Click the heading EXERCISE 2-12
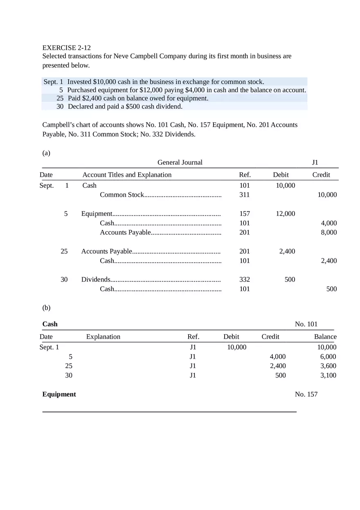tap(67, 48)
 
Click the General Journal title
tap(180, 162)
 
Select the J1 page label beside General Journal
tap(315, 162)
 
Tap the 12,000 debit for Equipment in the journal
tap(285, 213)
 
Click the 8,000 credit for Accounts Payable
tap(328, 232)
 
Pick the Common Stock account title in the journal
tap(122, 195)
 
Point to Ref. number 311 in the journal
tap(244, 195)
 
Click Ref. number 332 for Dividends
tap(244, 279)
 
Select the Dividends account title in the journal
tap(96, 279)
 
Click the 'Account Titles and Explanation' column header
tap(127, 175)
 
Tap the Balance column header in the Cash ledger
tap(325, 337)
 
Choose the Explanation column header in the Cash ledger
tap(103, 337)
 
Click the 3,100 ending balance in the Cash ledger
tap(328, 375)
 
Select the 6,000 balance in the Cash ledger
tap(328, 357)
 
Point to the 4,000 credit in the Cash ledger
tap(278, 357)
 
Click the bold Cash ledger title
tap(50, 324)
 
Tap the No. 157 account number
tap(306, 394)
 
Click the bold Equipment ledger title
tap(59, 394)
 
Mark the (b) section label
tap(46, 307)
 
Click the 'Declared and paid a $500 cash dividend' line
tap(125, 107)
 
